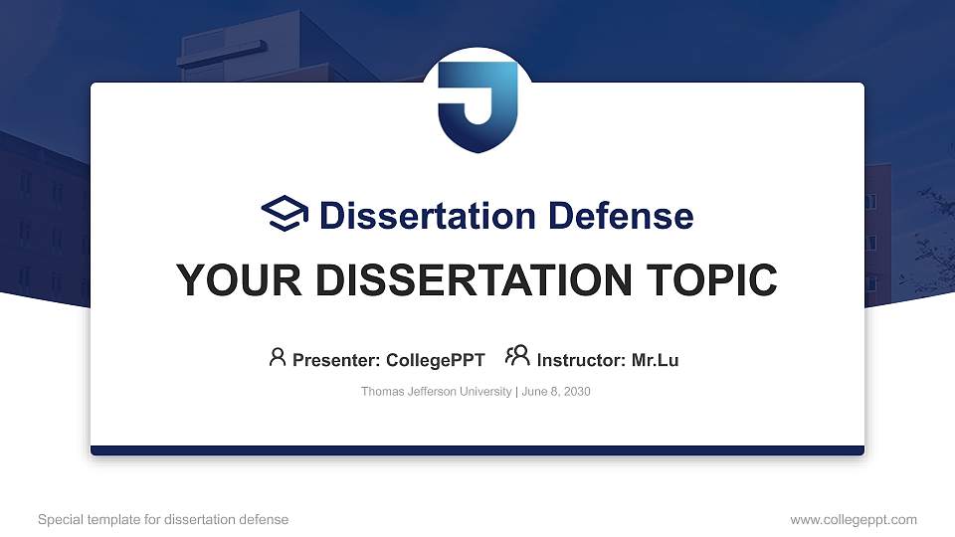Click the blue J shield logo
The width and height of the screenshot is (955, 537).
tap(477, 106)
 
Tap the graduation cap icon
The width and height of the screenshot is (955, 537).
tap(286, 214)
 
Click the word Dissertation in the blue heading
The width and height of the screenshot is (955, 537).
tap(428, 216)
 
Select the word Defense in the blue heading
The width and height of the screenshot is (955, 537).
tap(621, 216)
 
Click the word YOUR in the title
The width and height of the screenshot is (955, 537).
tap(239, 280)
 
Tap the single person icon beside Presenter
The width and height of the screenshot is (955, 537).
tap(278, 357)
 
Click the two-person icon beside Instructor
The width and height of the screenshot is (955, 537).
tap(517, 356)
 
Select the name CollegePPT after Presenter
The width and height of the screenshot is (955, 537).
tap(436, 360)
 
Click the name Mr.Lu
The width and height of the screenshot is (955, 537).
tap(655, 360)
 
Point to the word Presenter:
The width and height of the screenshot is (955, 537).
tap(336, 360)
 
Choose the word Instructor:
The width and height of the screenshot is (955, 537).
tap(581, 360)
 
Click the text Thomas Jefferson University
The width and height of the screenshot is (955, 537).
tap(436, 392)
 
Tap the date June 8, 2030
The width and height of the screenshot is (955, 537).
tap(556, 392)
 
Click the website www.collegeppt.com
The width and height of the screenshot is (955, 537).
tap(854, 519)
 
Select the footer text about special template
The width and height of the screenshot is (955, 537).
tap(163, 519)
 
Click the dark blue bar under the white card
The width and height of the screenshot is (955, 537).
tap(477, 450)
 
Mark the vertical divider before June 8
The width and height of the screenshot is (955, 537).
tap(516, 392)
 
